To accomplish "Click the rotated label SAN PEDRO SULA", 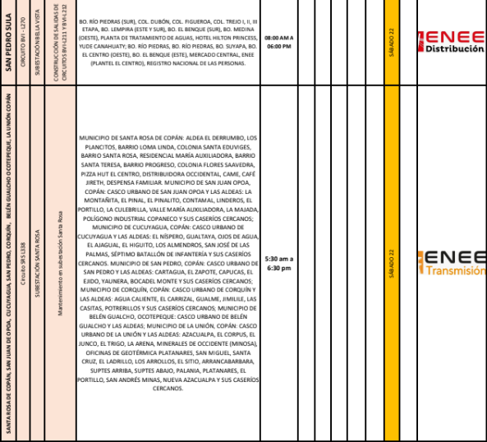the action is pos(10,41).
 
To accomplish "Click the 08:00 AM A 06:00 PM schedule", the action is pos(279,42).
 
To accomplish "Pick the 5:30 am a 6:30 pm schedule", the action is pos(278,263).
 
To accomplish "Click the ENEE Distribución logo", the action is pos(450,41).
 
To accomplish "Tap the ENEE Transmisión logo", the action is pos(451,263).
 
